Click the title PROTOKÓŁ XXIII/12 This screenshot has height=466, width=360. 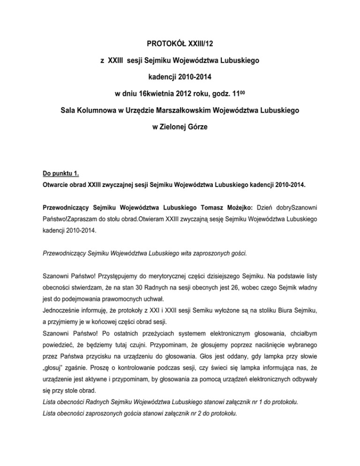click(x=180, y=45)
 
